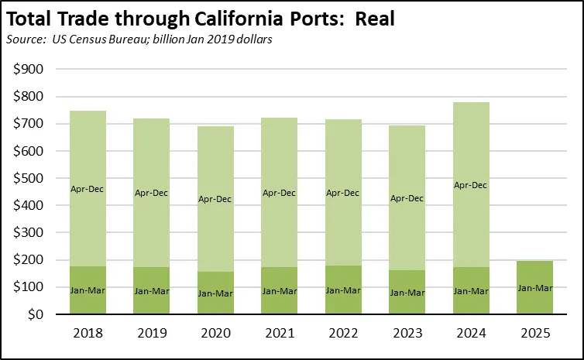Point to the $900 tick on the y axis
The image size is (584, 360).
click(x=29, y=70)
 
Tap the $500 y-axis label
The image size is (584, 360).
click(x=29, y=179)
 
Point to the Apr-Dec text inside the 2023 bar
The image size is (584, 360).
click(x=407, y=198)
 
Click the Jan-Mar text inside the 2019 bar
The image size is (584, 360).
click(x=152, y=291)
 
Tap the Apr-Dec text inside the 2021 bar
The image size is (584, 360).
click(x=280, y=193)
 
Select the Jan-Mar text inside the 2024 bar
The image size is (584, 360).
click(x=471, y=291)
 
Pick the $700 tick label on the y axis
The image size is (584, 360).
click(x=29, y=124)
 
